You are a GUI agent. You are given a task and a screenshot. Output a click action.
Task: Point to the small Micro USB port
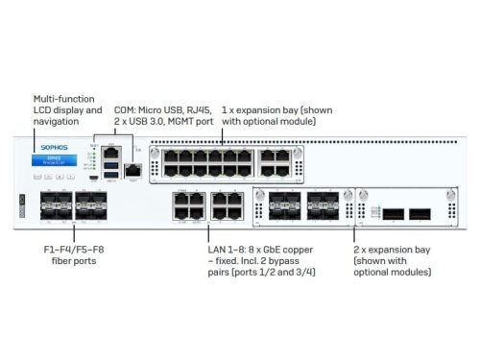tap(93, 177)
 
